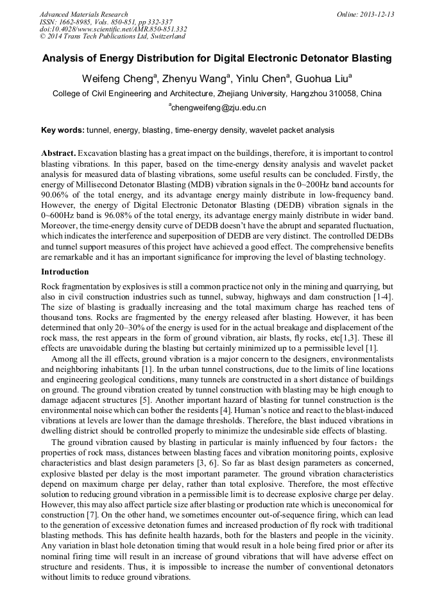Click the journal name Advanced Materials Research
[83, 14]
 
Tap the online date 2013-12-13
[377, 14]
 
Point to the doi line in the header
[114, 29]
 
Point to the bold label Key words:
[63, 130]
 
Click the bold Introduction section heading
[65, 272]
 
